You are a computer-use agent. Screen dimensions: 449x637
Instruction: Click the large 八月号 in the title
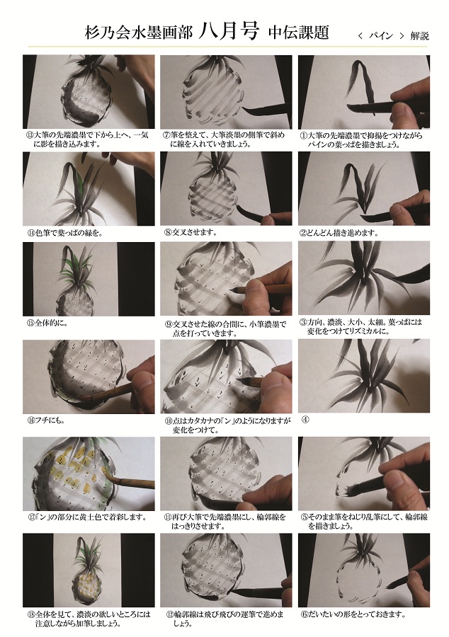click(x=228, y=31)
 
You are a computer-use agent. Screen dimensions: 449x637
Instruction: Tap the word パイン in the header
click(x=380, y=36)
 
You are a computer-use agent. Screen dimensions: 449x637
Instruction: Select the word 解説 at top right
click(x=419, y=36)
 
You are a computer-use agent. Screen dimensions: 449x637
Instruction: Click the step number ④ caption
click(x=305, y=420)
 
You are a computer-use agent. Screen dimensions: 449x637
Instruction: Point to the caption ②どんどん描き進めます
click(x=340, y=233)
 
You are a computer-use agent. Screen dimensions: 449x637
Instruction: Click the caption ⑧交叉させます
click(x=190, y=232)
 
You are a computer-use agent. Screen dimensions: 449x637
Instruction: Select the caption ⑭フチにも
click(x=44, y=420)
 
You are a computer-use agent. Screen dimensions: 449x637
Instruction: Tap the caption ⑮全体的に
click(x=46, y=323)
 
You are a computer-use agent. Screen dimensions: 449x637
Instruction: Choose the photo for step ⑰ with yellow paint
click(x=89, y=474)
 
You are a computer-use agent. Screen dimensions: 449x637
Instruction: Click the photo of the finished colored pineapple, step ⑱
click(x=89, y=570)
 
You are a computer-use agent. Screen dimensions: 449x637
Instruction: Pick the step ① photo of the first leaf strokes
click(x=364, y=93)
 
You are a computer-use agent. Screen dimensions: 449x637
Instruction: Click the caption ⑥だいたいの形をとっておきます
click(x=353, y=614)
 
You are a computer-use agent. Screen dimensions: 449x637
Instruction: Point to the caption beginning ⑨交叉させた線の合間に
click(x=225, y=328)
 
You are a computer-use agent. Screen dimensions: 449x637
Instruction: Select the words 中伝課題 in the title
click(x=298, y=32)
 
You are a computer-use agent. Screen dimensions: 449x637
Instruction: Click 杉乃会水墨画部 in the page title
click(x=138, y=33)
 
